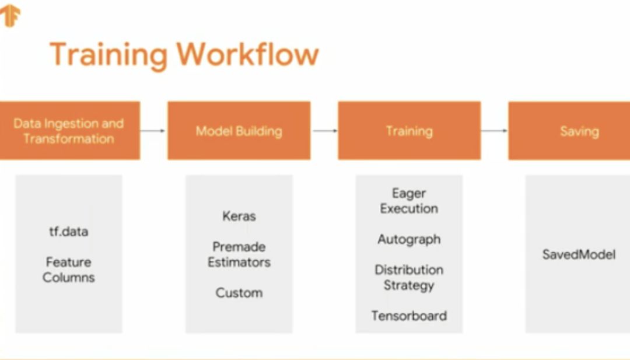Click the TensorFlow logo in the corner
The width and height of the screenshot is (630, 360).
(x=10, y=15)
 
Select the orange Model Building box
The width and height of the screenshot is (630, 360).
(x=239, y=131)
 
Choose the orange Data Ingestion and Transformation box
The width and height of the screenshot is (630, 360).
(x=69, y=131)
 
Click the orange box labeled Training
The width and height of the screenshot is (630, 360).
(x=409, y=131)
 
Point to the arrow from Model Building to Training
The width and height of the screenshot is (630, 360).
(x=324, y=131)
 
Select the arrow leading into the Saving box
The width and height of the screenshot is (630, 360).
(x=494, y=131)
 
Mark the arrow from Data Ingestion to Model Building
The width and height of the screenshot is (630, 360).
(x=153, y=131)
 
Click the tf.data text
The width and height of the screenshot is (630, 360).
(x=68, y=232)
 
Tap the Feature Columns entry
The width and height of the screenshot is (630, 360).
(x=68, y=270)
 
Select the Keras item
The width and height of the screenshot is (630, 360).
(x=239, y=216)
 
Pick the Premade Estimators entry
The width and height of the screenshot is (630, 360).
(x=239, y=254)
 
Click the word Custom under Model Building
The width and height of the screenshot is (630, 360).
(x=239, y=293)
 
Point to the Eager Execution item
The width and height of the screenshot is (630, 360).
(x=409, y=201)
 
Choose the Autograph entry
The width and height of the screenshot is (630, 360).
(x=409, y=239)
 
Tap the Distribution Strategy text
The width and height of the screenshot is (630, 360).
(x=409, y=277)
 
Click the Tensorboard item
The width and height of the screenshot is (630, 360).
(x=409, y=316)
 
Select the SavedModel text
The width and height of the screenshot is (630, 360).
(x=579, y=254)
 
